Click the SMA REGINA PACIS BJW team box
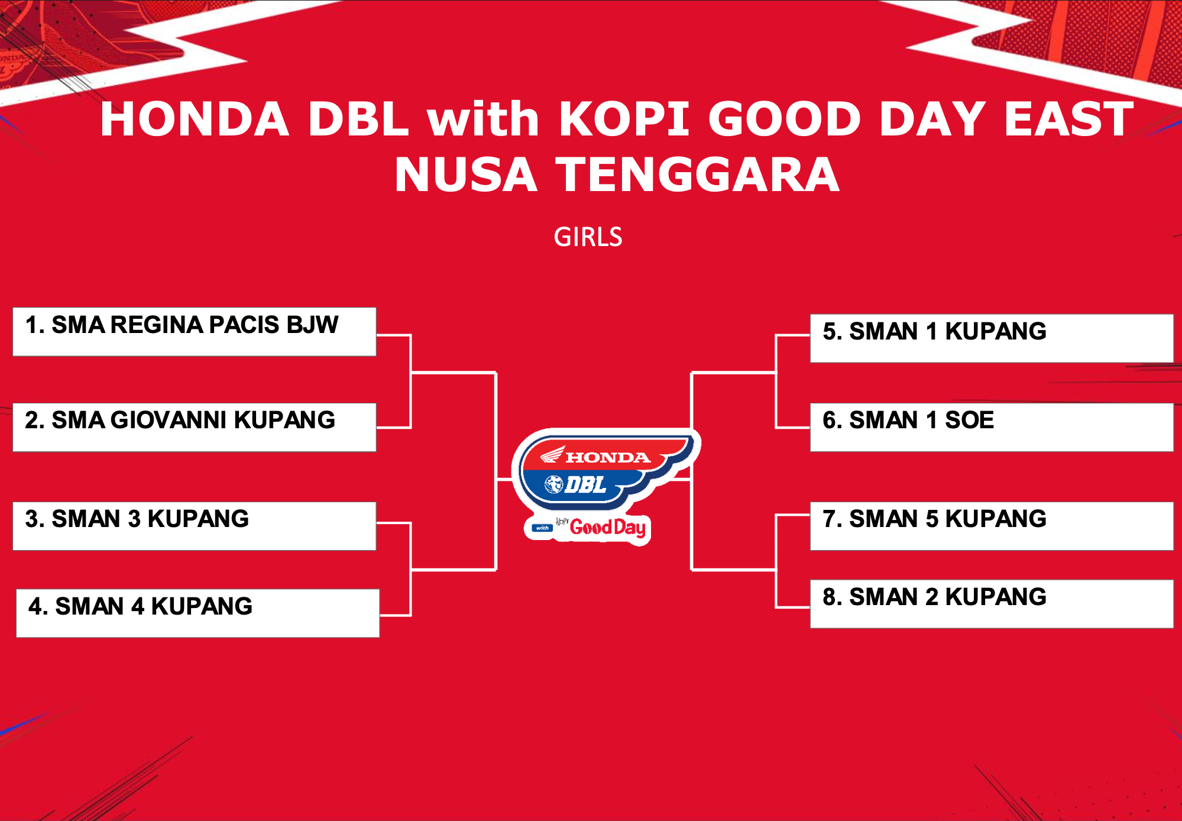tap(195, 332)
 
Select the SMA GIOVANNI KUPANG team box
tap(195, 427)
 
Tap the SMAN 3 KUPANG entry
tap(195, 526)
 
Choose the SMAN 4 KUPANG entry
tap(198, 613)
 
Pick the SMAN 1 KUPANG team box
tap(992, 338)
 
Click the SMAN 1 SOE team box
tap(992, 427)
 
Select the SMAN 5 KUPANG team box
tap(992, 526)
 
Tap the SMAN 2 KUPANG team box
tap(992, 604)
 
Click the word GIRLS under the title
tap(588, 237)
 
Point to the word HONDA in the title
tap(195, 119)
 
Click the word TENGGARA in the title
tap(698, 174)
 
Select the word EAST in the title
tap(1068, 119)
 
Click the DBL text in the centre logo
tap(585, 485)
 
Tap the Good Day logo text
tap(608, 527)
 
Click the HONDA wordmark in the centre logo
tap(608, 457)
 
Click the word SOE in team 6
tap(969, 420)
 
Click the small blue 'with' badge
tap(543, 528)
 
